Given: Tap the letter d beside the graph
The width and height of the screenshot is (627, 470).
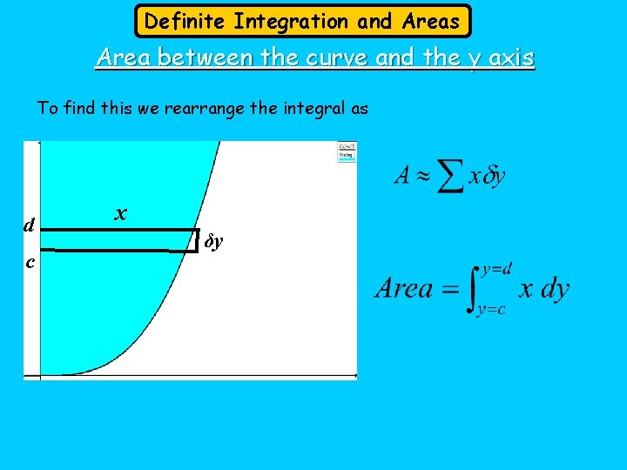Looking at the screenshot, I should [29, 225].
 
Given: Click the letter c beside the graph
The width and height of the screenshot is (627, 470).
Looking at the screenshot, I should [30, 261].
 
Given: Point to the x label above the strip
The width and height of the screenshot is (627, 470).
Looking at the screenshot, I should [121, 212].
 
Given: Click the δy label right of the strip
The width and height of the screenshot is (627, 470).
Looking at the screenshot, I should [214, 240].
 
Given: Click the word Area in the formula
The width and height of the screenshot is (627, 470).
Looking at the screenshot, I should [404, 289].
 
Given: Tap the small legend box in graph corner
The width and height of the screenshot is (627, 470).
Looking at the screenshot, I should [347, 151].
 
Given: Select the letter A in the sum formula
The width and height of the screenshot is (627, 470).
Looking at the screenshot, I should [402, 176].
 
